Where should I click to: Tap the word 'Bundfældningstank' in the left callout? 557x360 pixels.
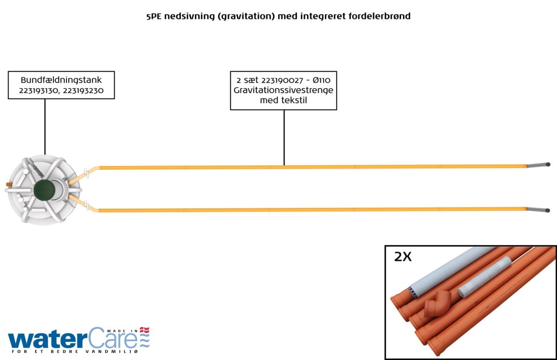click(61, 80)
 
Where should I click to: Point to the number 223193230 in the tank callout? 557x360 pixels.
click(83, 90)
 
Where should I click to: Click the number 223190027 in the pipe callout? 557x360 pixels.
click(282, 80)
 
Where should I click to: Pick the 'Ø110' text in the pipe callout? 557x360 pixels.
click(322, 80)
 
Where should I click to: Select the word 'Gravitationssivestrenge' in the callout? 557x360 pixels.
click(284, 90)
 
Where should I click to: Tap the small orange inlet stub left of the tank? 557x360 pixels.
click(9, 184)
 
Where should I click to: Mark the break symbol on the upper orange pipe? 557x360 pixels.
click(86, 173)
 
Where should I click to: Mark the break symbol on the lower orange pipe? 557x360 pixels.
click(86, 205)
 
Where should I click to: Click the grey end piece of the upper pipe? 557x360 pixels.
click(538, 165)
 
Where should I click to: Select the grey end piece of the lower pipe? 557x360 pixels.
click(538, 210)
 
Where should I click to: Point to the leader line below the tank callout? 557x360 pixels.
click(45, 127)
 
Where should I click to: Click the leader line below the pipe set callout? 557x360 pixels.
click(284, 138)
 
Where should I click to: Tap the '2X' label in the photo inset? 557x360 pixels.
click(403, 257)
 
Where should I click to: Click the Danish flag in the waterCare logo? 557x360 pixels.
click(144, 330)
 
